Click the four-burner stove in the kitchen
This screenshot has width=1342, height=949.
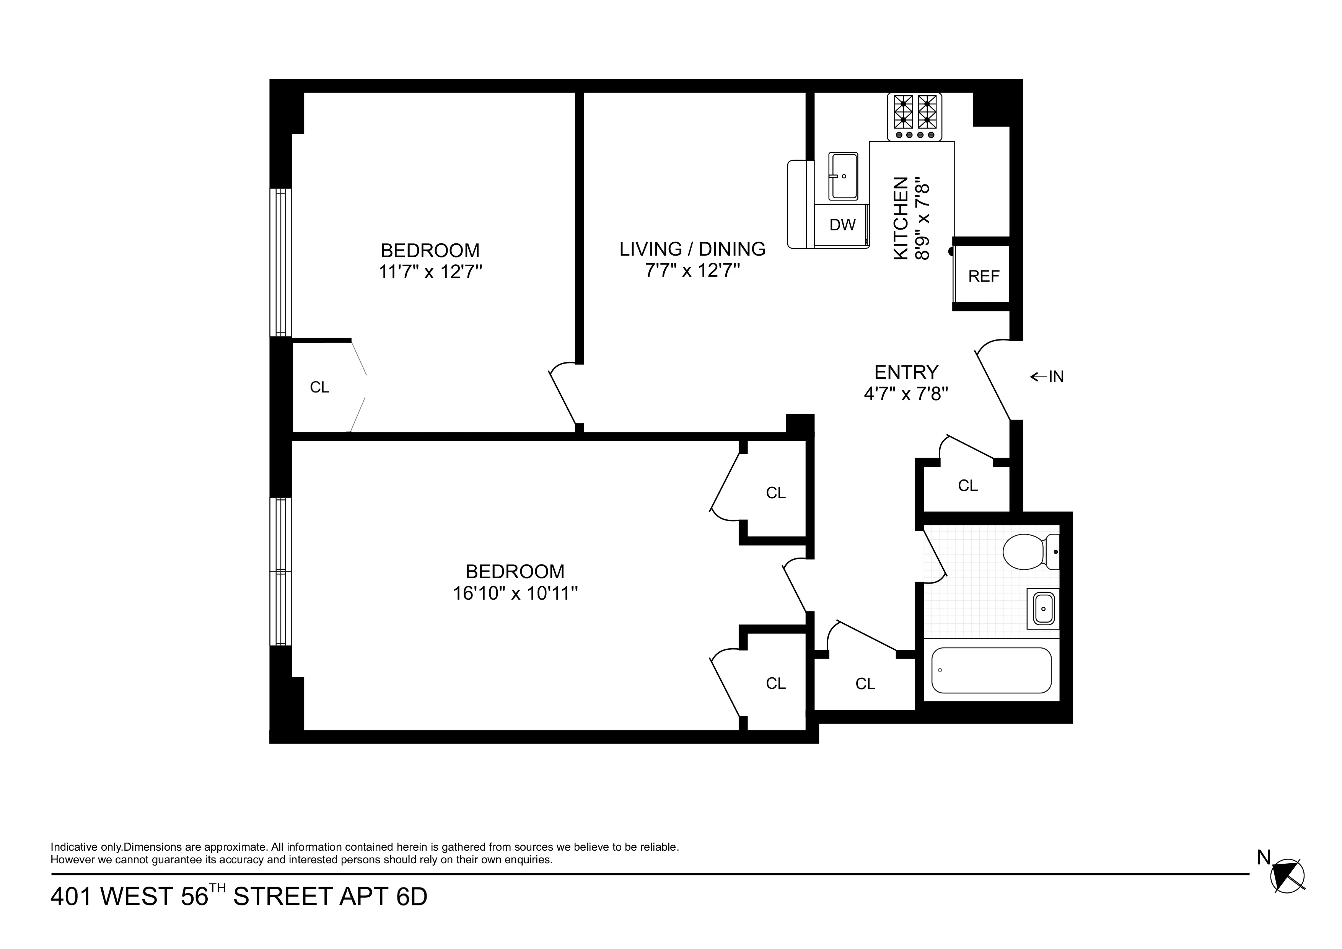tap(914, 117)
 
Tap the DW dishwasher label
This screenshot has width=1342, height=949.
tap(842, 225)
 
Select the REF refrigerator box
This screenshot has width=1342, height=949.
tap(983, 276)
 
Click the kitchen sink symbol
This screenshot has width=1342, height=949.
tap(843, 176)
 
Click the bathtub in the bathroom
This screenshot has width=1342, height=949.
tap(991, 670)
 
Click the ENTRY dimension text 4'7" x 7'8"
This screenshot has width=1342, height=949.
tap(906, 394)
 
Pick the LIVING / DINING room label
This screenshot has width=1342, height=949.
tap(692, 249)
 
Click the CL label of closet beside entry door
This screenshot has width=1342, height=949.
tap(967, 485)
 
